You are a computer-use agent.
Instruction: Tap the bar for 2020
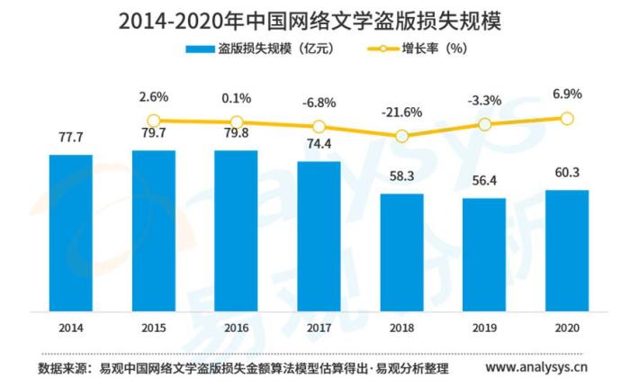(567, 248)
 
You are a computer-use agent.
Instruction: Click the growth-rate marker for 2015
(154, 121)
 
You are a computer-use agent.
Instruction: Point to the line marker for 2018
(401, 136)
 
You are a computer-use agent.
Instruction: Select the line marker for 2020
(567, 118)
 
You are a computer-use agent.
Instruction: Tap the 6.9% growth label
(567, 93)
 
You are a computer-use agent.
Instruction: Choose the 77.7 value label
(71, 139)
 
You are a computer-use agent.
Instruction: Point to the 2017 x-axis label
(319, 327)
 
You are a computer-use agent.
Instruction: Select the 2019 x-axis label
(484, 327)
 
